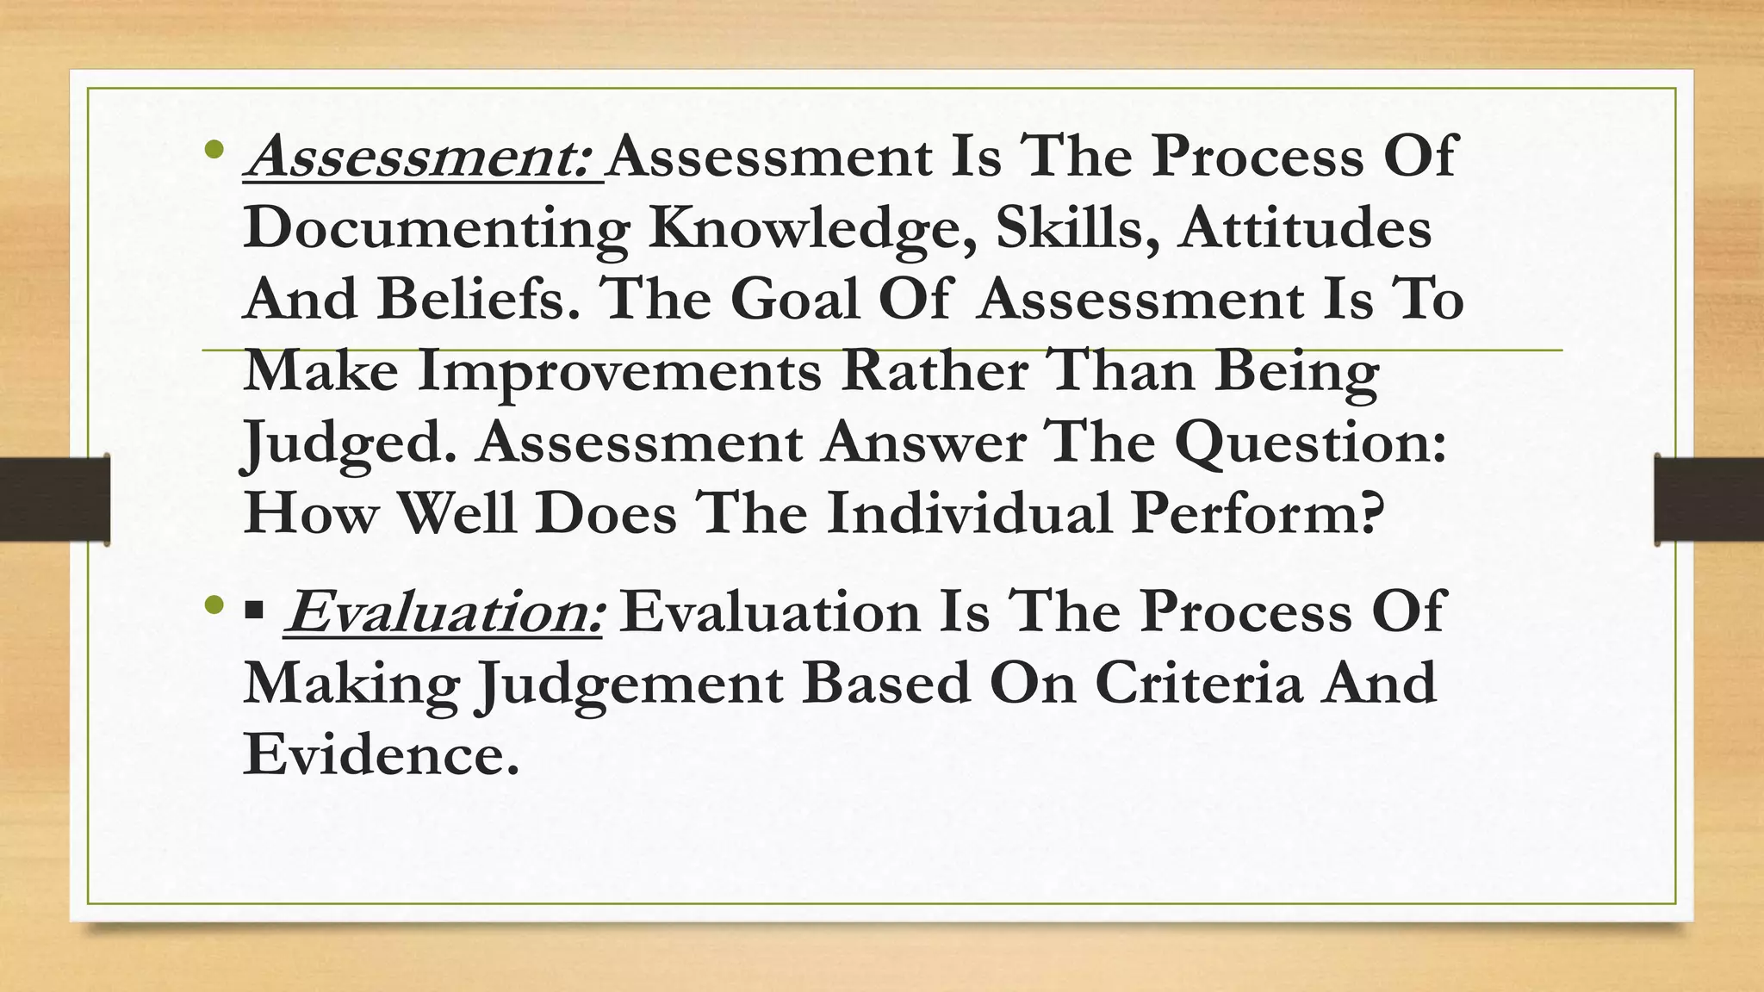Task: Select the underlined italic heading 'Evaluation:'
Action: (x=444, y=611)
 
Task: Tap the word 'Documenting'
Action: (x=436, y=229)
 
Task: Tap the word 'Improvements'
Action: (x=619, y=371)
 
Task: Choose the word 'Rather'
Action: (x=934, y=371)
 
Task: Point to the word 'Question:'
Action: (x=1310, y=443)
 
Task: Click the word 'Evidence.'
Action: (x=382, y=754)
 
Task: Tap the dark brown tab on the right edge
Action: (x=1709, y=499)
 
